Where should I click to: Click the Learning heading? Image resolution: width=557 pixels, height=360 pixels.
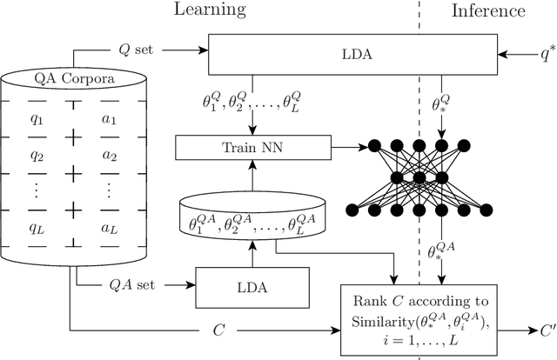(x=210, y=10)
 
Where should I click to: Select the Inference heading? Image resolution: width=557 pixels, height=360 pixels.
(x=487, y=10)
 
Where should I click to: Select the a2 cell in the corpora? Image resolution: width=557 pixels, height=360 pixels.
(x=109, y=156)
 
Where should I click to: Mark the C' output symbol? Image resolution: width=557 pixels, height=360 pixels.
(x=547, y=330)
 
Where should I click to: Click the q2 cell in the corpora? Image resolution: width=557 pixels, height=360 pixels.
(x=37, y=156)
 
